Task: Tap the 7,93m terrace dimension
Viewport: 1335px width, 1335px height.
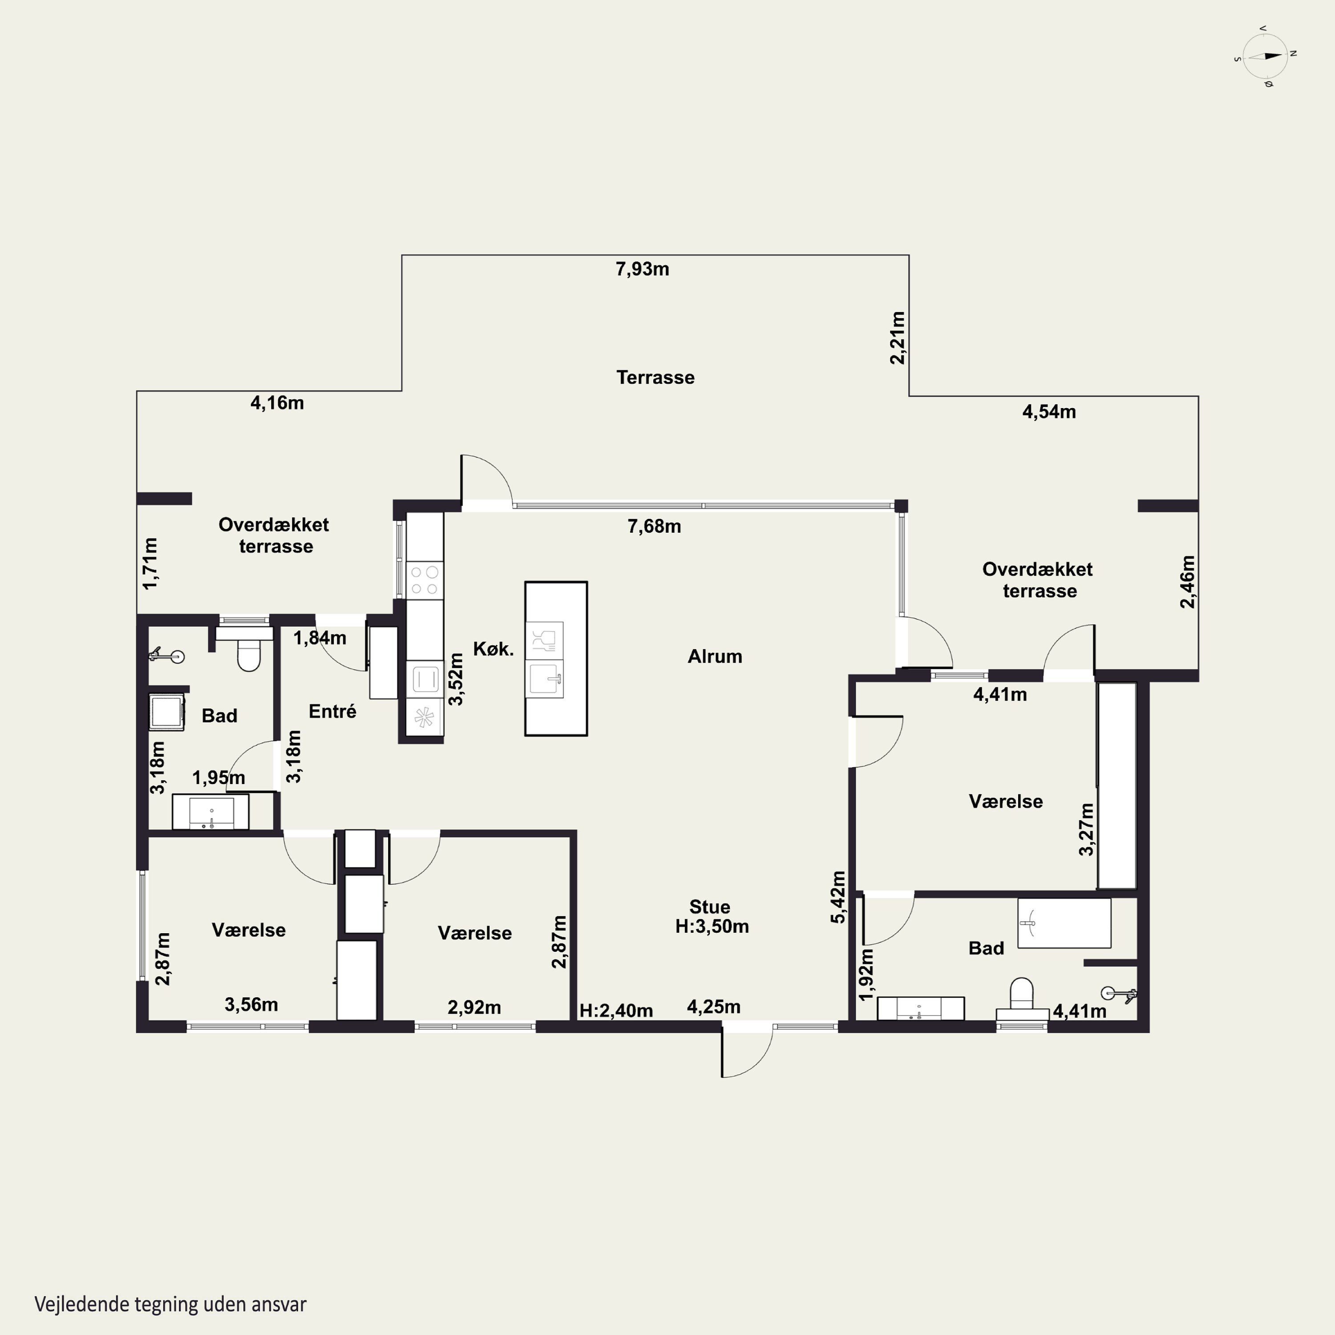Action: [643, 269]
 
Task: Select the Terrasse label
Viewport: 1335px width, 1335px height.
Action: [655, 377]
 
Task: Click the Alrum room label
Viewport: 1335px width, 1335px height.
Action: [715, 656]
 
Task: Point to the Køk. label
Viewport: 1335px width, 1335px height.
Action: [494, 649]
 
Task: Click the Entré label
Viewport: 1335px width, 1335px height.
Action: [332, 711]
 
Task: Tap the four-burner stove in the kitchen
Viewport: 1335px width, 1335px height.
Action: [424, 580]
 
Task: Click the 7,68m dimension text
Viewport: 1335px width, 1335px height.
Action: [654, 526]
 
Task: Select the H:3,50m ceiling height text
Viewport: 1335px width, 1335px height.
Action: [712, 926]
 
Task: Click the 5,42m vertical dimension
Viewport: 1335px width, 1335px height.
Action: [837, 897]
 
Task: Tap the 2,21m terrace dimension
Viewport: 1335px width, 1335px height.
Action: [897, 337]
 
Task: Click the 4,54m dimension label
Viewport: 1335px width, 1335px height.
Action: [1049, 412]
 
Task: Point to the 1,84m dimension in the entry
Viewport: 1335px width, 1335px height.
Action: [320, 638]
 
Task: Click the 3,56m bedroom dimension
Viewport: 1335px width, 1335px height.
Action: [251, 1005]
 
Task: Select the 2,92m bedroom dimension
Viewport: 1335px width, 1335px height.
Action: [474, 1007]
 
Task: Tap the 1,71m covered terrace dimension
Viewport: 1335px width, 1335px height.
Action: [150, 563]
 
